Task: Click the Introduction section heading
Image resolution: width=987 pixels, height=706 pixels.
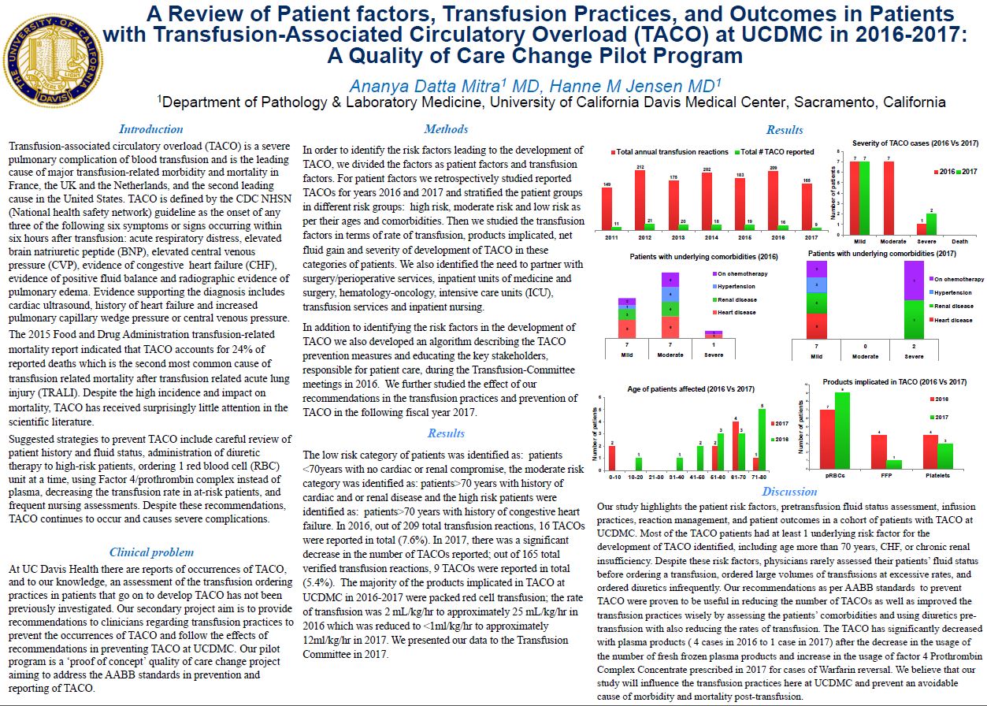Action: [150, 129]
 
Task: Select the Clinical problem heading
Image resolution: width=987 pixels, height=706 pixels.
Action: [151, 552]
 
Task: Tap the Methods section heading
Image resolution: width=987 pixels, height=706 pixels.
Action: [446, 129]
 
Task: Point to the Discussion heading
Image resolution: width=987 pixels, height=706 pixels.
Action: [789, 492]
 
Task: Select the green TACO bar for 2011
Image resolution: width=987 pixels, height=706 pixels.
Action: [615, 228]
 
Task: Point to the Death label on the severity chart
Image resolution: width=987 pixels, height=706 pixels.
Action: [961, 240]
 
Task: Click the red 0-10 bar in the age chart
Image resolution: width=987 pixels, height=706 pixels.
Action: [612, 457]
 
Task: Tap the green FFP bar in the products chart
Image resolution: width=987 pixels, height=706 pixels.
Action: [893, 464]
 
